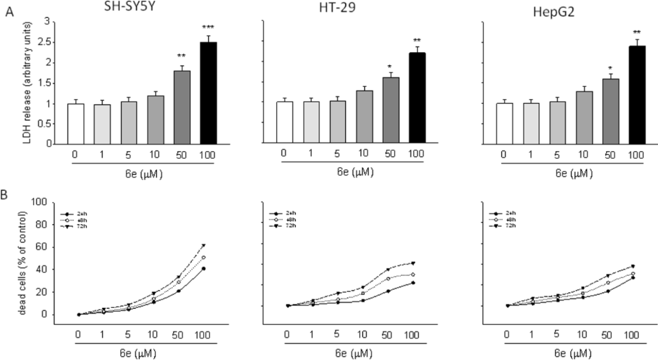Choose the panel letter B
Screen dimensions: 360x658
9,192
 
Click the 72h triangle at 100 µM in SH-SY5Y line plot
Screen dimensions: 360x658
222,246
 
